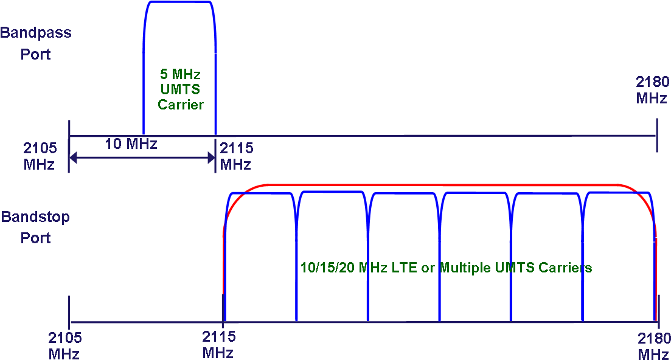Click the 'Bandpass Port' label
[x=35, y=43]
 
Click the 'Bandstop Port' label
[x=35, y=227]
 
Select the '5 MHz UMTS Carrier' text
[x=180, y=89]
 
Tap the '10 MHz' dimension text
[x=131, y=144]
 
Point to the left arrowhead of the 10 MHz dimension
[x=73, y=157]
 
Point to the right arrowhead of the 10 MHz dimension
[x=212, y=157]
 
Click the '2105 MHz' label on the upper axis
[x=40, y=156]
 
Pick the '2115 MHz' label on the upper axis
[x=236, y=156]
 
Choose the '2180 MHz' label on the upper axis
[x=652, y=90]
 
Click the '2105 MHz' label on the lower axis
[x=64, y=345]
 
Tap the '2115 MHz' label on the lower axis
[x=218, y=345]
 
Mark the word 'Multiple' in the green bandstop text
[x=465, y=268]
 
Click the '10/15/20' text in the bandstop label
[x=327, y=268]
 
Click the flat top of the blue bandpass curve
[x=179, y=2]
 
